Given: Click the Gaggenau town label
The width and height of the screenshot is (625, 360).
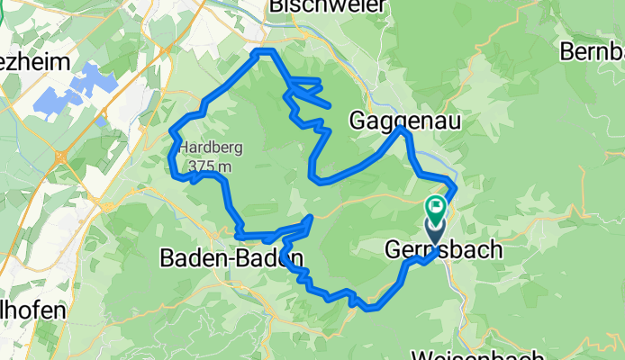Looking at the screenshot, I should [405, 119].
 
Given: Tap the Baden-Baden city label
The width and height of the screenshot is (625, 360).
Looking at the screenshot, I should [231, 258].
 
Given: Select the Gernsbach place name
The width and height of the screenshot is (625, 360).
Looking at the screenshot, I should [443, 249].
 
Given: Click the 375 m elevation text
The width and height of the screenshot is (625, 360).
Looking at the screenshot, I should [211, 166].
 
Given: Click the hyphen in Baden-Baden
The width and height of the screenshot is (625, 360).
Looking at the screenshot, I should [231, 258].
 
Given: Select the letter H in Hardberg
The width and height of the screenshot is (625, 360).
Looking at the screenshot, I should [184, 149].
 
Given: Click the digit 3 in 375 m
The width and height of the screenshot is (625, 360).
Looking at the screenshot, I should [193, 166].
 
